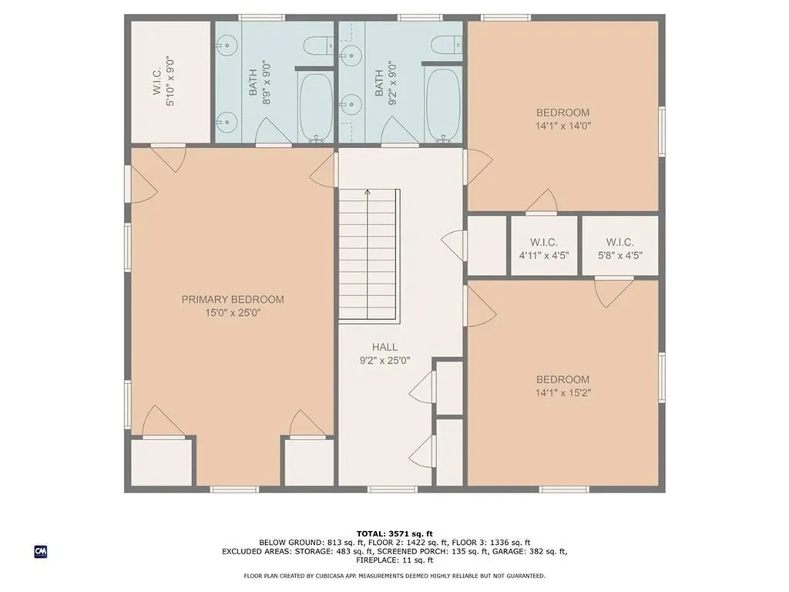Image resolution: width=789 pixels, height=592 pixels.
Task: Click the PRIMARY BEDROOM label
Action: click(233, 300)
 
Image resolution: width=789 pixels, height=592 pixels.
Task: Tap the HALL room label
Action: click(384, 347)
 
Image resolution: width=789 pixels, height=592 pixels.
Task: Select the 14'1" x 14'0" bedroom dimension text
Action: click(563, 126)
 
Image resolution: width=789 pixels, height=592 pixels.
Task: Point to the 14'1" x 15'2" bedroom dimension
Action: click(563, 392)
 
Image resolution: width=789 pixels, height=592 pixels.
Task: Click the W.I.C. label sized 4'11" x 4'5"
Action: click(543, 243)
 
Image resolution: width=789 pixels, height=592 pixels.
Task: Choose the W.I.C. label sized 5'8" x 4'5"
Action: click(620, 243)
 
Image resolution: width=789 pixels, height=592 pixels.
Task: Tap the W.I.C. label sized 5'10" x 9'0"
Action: click(157, 82)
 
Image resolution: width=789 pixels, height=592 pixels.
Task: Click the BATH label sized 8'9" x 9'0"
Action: click(253, 82)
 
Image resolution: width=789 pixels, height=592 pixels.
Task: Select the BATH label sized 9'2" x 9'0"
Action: click(379, 82)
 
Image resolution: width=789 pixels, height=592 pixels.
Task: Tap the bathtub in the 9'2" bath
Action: click(443, 104)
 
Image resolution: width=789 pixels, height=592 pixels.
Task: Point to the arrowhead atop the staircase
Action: click(368, 192)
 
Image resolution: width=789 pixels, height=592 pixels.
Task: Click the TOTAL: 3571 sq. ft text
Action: click(394, 533)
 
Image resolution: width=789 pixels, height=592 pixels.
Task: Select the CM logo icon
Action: click(41, 552)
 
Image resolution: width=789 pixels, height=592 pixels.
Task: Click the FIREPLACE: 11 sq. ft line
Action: click(394, 560)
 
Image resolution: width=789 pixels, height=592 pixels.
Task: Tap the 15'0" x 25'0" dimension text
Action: click(233, 313)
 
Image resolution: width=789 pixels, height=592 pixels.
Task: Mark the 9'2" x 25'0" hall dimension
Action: click(384, 361)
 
